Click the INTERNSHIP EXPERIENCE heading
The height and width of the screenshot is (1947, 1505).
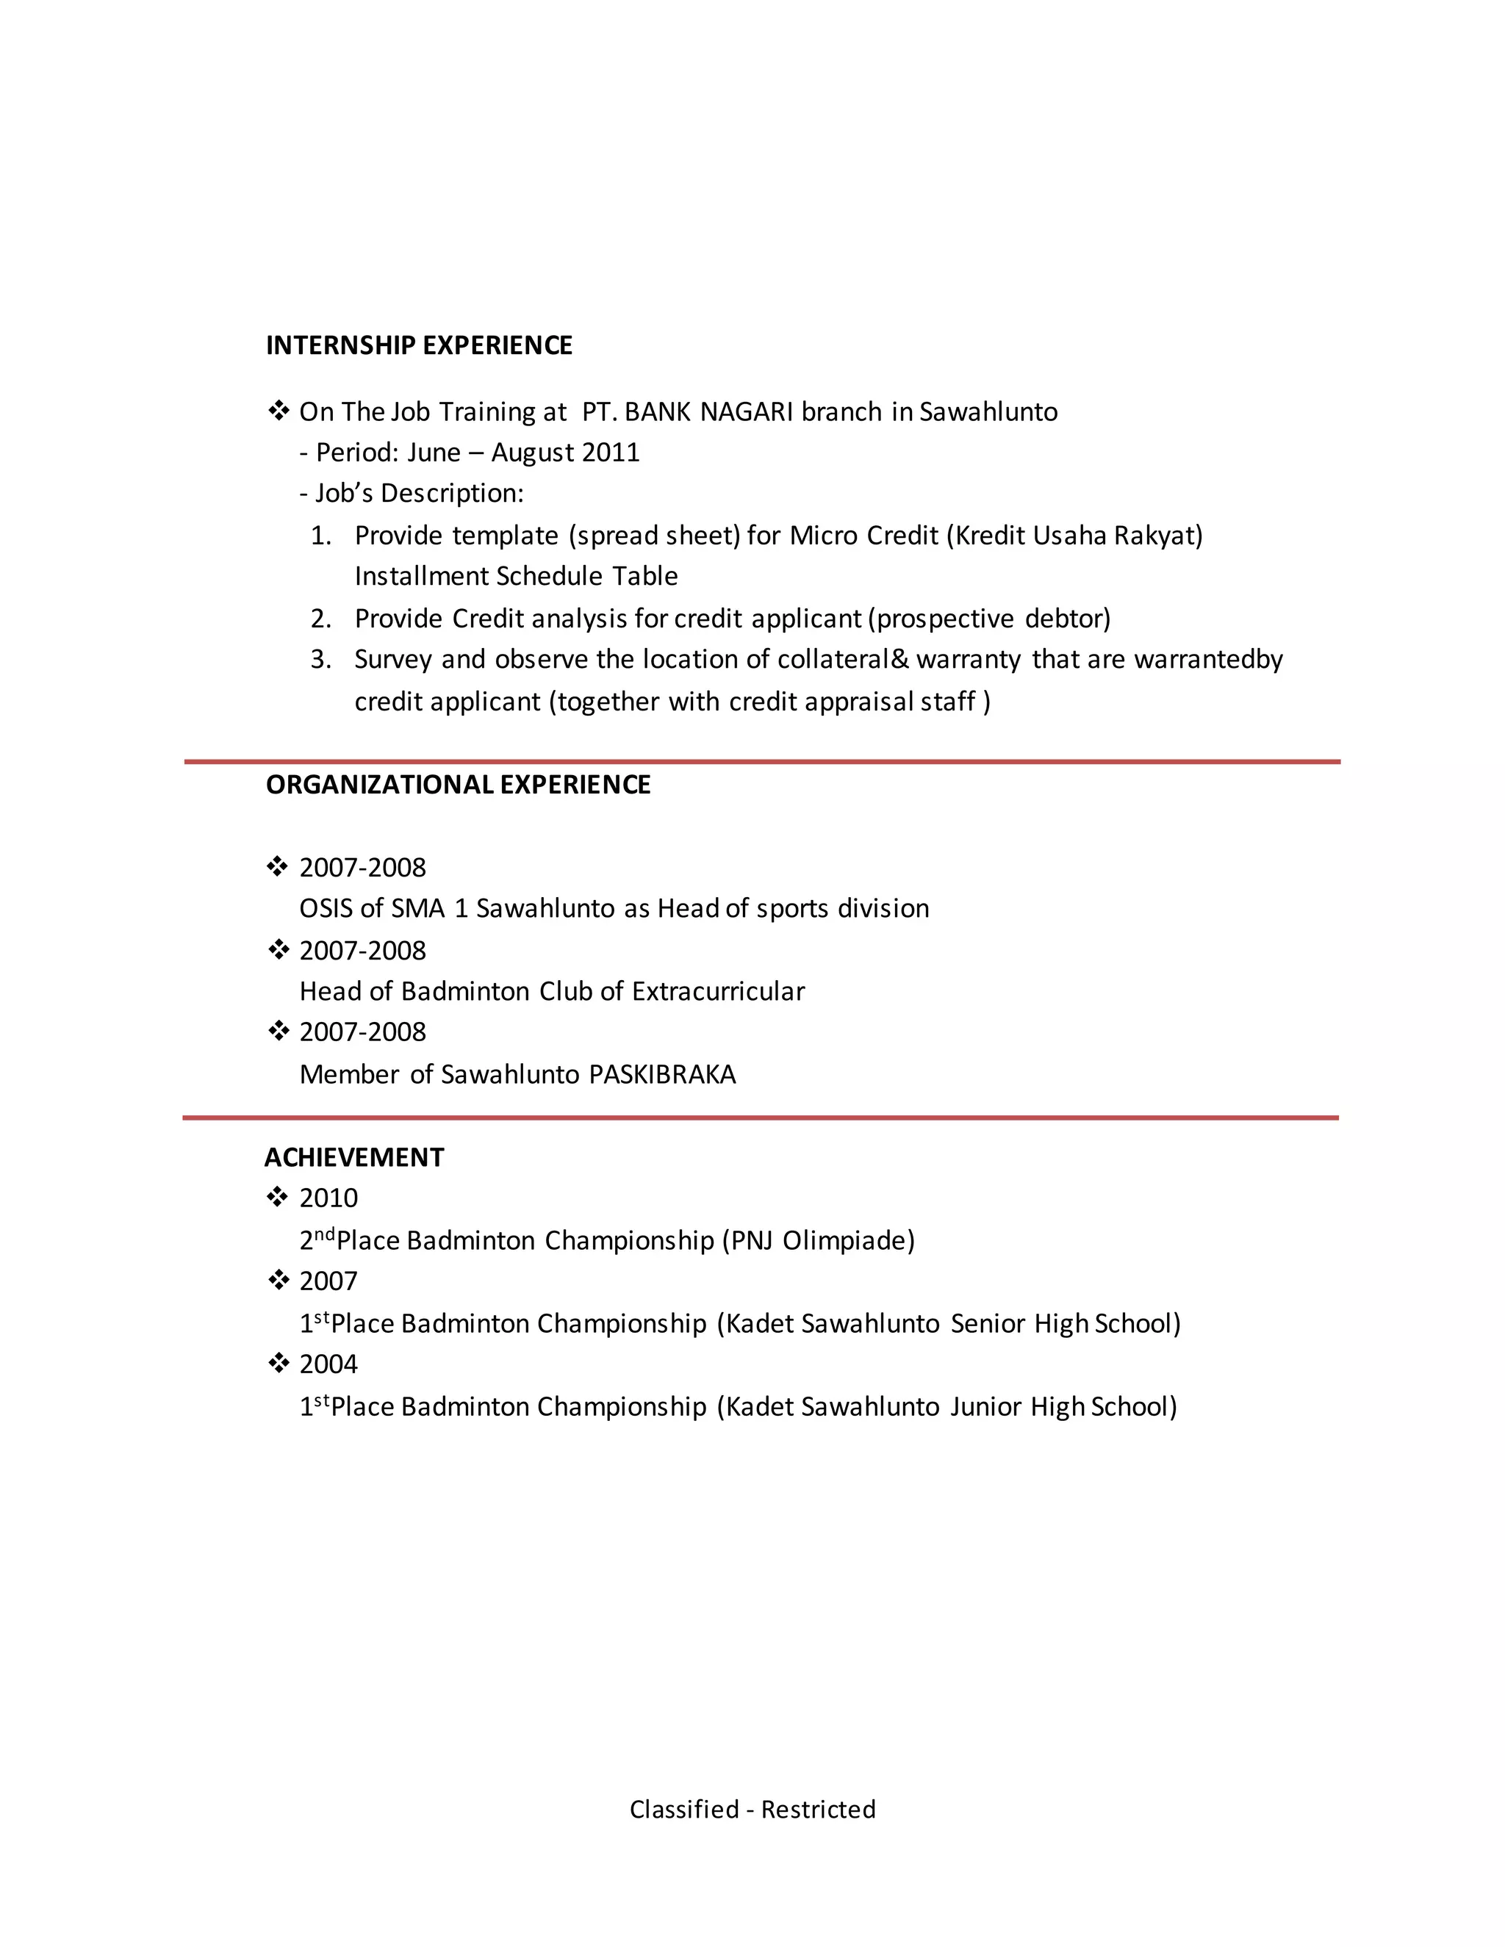419,345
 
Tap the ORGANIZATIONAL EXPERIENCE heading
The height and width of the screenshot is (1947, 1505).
459,785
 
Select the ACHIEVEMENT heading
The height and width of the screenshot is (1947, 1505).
354,1157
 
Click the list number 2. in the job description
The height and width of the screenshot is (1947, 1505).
321,618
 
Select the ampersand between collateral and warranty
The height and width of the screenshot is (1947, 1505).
899,659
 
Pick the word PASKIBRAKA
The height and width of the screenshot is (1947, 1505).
662,1074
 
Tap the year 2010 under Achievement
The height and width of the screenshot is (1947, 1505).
328,1198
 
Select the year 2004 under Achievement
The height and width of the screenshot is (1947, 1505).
328,1364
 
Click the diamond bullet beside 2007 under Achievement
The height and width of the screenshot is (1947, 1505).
279,1280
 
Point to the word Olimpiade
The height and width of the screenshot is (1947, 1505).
848,1240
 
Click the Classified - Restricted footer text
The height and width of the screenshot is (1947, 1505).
752,1809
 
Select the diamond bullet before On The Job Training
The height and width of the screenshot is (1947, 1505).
279,411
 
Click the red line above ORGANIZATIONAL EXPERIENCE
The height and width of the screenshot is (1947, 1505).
762,762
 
